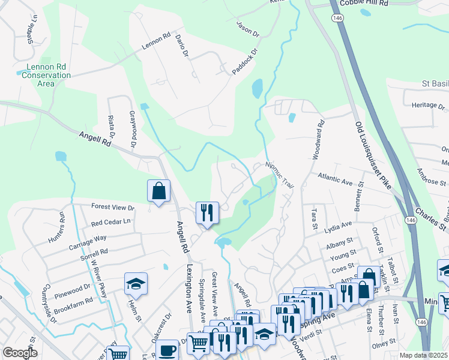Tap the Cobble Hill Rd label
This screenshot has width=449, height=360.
[364, 3]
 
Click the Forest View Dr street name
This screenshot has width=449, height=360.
[113, 207]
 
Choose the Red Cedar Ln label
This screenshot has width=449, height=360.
[110, 221]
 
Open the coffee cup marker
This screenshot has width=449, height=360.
[167, 349]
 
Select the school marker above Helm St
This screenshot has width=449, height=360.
[136, 283]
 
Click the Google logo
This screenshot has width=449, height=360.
[20, 353]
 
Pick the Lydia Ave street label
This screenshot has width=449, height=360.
[338, 226]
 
